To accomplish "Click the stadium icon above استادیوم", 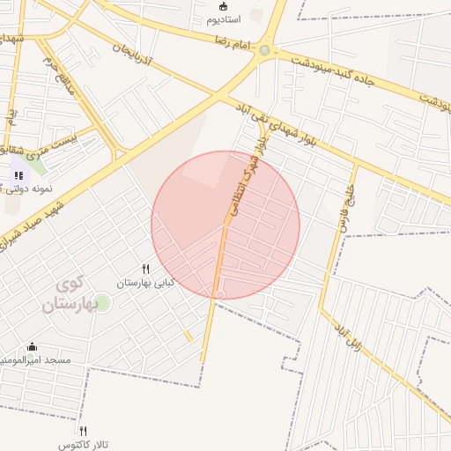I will (x=222, y=6).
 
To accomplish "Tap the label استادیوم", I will (x=226, y=19).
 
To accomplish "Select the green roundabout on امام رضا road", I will (x=264, y=49).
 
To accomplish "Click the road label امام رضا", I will (x=237, y=42).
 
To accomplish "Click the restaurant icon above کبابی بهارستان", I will (x=146, y=269).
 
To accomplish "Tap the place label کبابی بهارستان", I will (x=146, y=283).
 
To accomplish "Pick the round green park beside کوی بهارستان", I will (x=102, y=304).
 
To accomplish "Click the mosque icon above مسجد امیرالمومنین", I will (x=33, y=347).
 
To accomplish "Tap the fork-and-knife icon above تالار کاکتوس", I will (x=84, y=431).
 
